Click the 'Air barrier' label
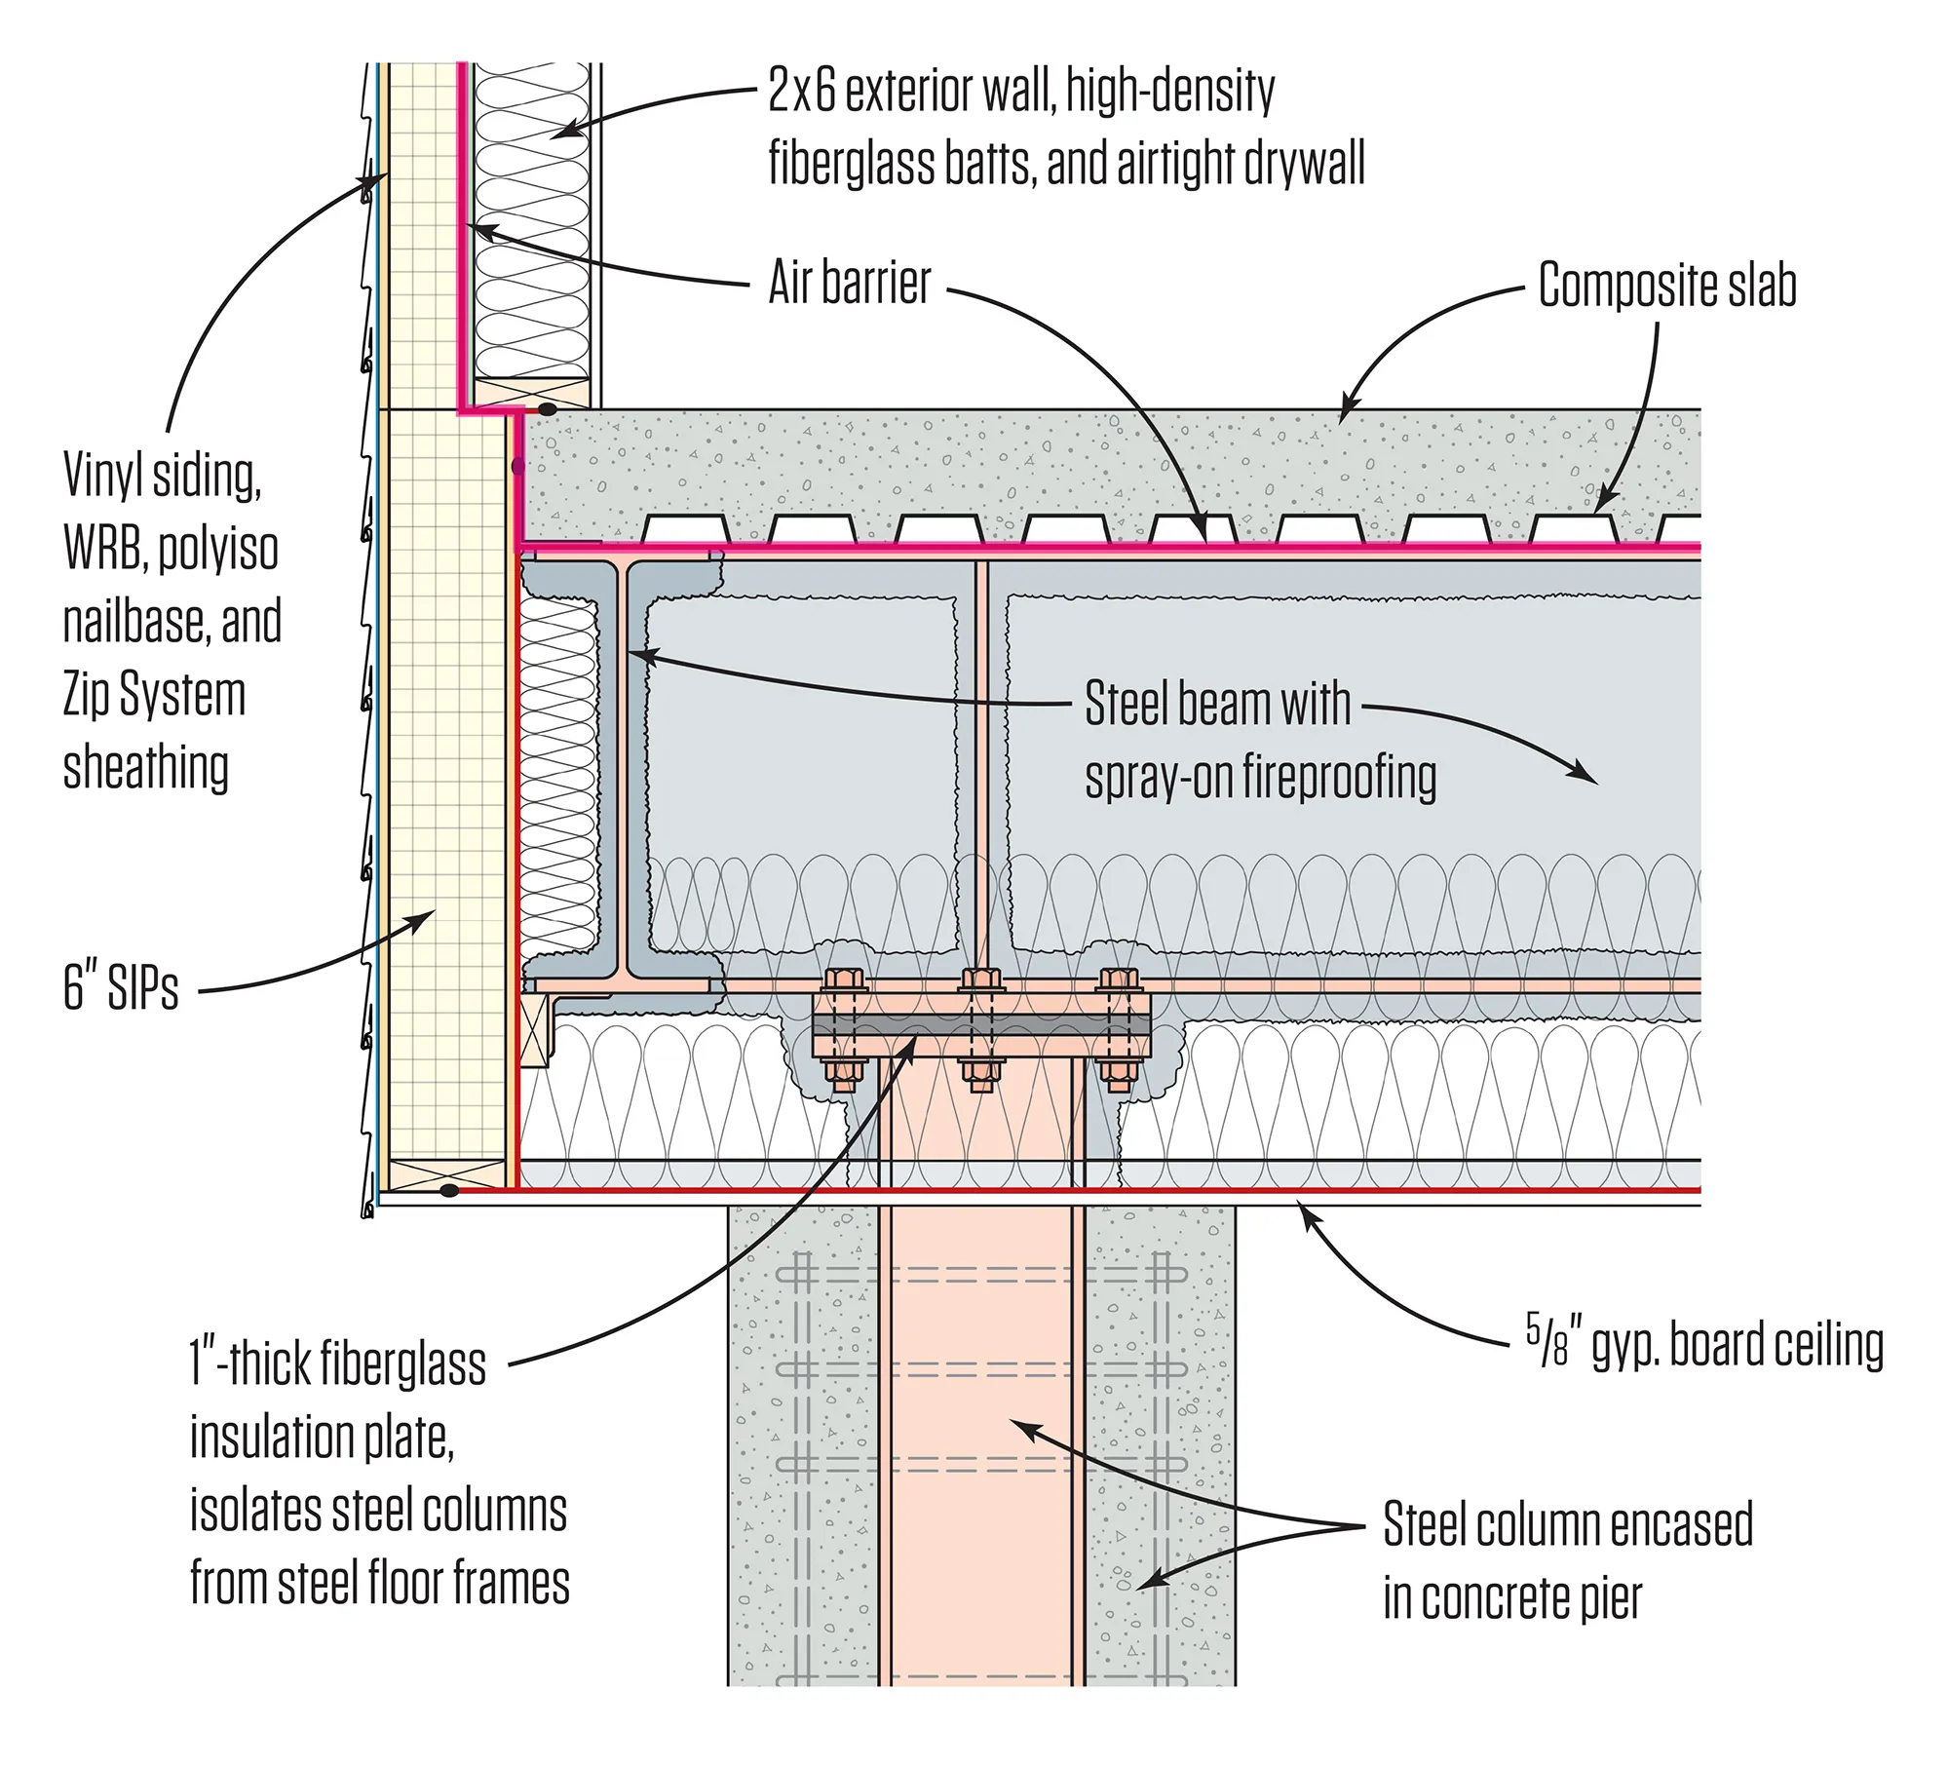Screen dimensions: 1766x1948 (x=849, y=284)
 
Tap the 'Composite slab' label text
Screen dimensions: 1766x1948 (x=1666, y=286)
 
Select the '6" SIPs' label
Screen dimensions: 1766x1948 (x=121, y=986)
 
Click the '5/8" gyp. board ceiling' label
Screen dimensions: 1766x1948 (x=1703, y=1345)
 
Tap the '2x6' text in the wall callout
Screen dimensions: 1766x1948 (x=801, y=91)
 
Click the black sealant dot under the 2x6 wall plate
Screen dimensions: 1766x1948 (x=549, y=410)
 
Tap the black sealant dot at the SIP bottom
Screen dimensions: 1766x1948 (x=448, y=1190)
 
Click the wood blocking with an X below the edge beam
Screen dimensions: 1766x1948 (x=534, y=1033)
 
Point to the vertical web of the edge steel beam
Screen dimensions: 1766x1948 (x=620, y=770)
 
